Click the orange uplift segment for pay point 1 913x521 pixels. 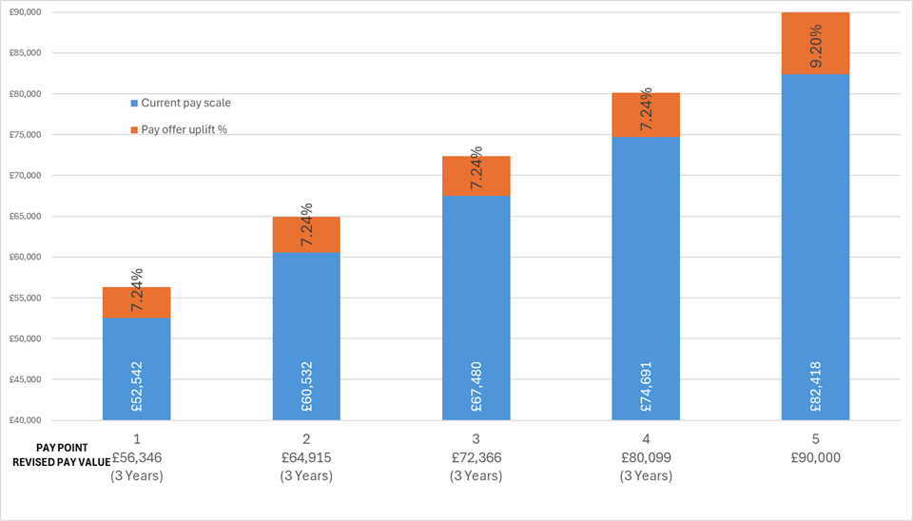(x=136, y=302)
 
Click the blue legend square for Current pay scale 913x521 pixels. (x=134, y=103)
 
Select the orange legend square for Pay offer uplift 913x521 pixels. (x=134, y=128)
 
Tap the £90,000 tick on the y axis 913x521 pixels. (x=24, y=12)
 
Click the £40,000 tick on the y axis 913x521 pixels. (x=24, y=420)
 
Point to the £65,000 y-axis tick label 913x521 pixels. (x=24, y=216)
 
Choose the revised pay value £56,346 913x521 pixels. (x=136, y=457)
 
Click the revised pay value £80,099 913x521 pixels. (x=646, y=457)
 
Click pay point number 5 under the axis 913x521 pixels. (x=816, y=439)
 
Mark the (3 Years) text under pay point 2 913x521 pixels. (x=306, y=475)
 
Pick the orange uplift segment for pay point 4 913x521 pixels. (x=646, y=115)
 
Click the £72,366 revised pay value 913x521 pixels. (x=476, y=457)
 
